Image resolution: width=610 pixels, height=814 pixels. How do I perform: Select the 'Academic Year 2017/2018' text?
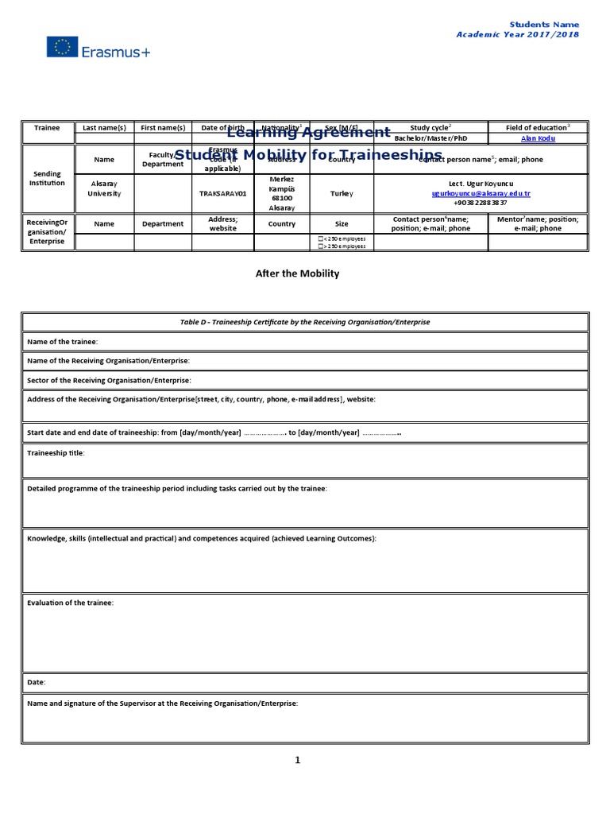coord(517,35)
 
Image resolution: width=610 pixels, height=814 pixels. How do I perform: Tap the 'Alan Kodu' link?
coord(538,138)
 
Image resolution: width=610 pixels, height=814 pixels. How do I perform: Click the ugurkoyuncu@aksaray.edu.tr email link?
coord(481,193)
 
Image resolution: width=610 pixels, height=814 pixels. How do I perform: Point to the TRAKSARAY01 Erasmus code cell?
coord(223,193)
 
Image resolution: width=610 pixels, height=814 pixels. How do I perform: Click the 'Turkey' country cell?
coord(342,193)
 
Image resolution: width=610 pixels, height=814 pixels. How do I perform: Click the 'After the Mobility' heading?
coord(297,273)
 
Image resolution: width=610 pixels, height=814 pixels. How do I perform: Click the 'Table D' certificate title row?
coord(305,322)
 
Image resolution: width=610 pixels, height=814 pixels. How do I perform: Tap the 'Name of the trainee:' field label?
coord(63,341)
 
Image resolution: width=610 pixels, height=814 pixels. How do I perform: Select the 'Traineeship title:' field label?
coord(56,453)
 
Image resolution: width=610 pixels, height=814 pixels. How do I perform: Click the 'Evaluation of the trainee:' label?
coord(71,603)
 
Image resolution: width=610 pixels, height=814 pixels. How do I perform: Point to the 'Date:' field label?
coord(37,682)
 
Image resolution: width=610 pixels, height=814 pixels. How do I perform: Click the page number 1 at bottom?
coord(298,760)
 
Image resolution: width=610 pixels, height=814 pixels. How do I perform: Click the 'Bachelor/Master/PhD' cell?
coord(431,138)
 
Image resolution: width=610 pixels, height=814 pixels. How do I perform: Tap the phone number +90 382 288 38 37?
coord(481,203)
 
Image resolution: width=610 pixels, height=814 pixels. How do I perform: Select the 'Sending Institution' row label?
coord(47,178)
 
